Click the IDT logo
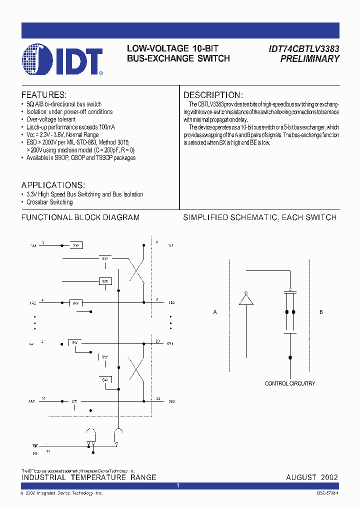62,60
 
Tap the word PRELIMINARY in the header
309,58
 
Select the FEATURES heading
43,95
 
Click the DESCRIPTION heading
213,95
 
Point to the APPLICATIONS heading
53,184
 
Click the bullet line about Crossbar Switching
49,202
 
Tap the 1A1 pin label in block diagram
33,246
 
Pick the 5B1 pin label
170,344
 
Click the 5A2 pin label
31,401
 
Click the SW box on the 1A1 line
76,245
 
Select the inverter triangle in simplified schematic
245,298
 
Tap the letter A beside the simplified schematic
215,312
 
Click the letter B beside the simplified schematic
321,312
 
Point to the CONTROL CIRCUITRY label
290,383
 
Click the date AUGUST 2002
312,477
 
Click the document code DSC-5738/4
327,493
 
